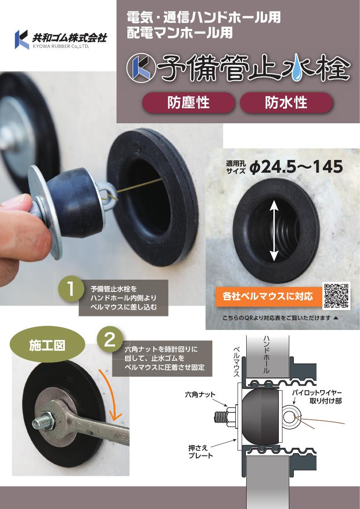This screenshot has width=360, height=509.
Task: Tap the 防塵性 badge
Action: click(189, 102)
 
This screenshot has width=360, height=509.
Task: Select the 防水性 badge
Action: click(286, 102)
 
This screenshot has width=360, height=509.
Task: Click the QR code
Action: click(336, 296)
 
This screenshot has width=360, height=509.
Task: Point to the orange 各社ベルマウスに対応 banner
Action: click(268, 297)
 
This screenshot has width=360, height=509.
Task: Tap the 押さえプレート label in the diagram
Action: click(200, 451)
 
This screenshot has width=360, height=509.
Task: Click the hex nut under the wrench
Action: click(48, 422)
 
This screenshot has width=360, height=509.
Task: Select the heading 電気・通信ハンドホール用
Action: click(204, 18)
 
